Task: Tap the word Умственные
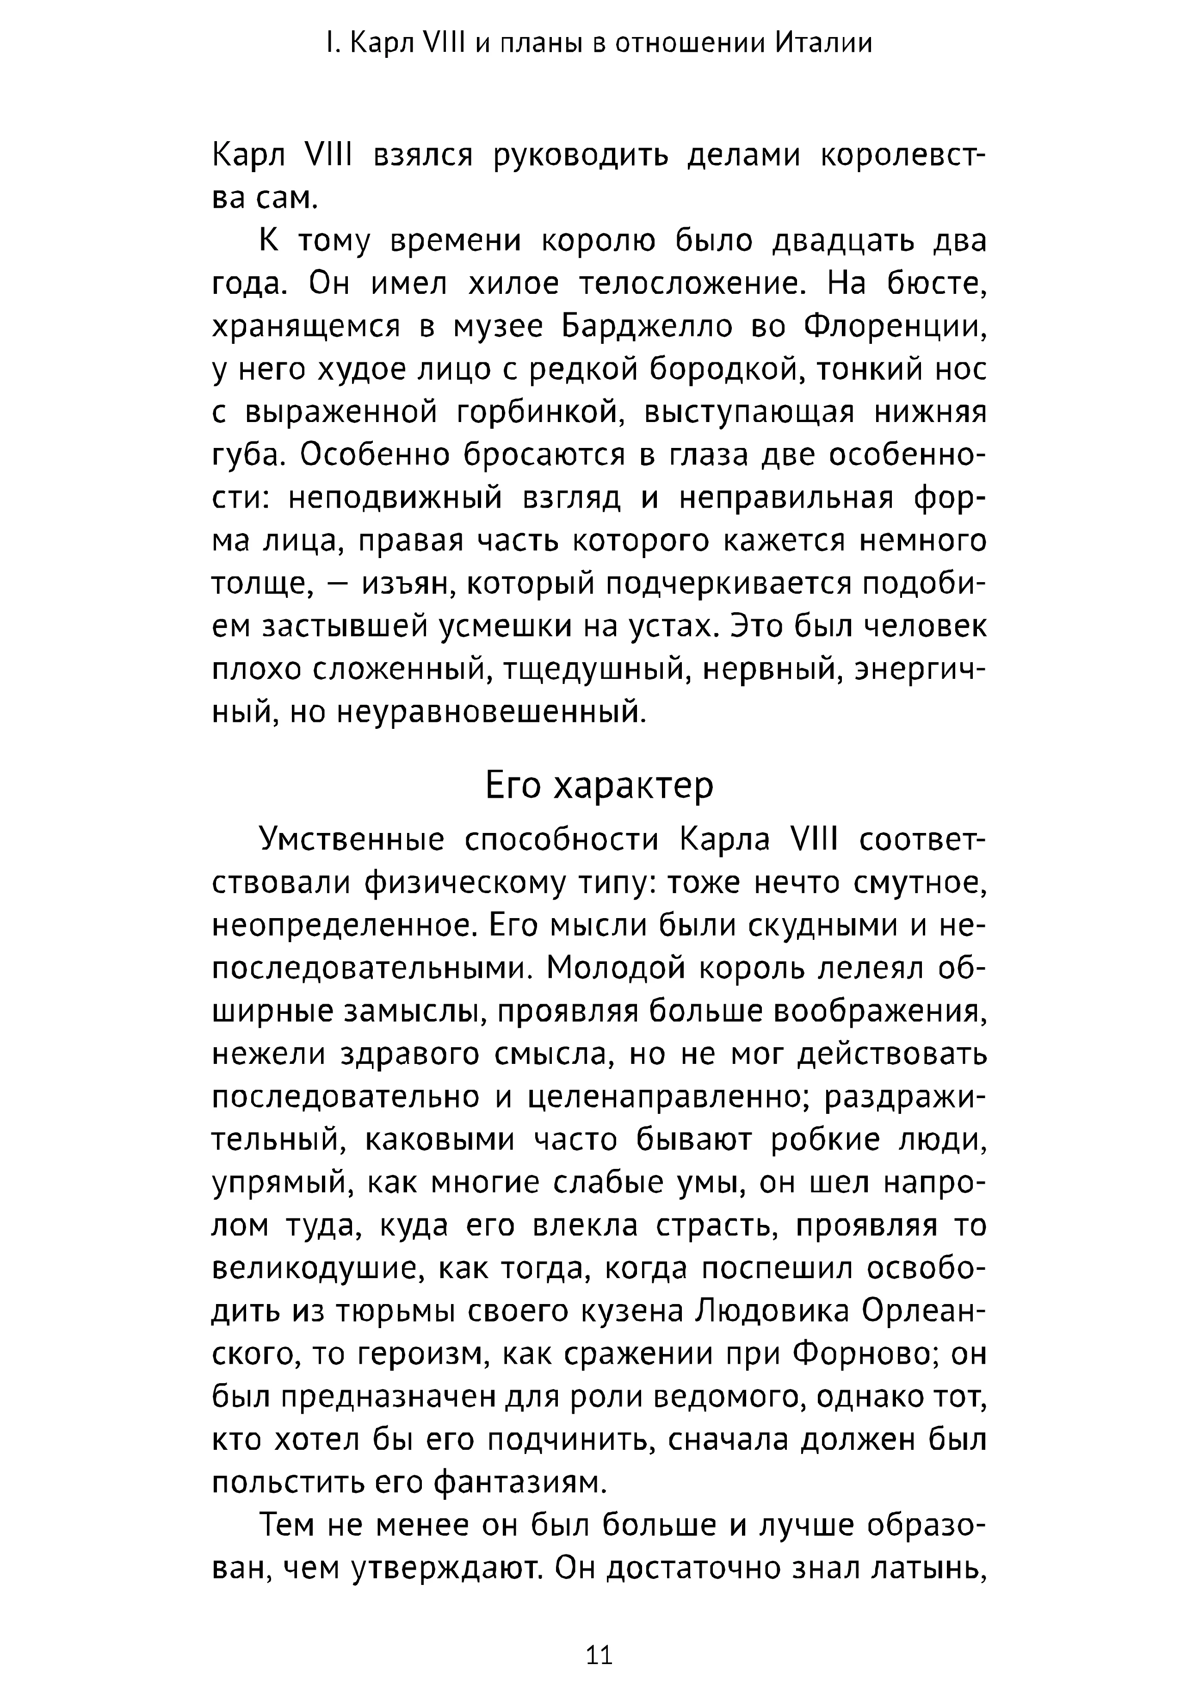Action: [351, 841]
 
